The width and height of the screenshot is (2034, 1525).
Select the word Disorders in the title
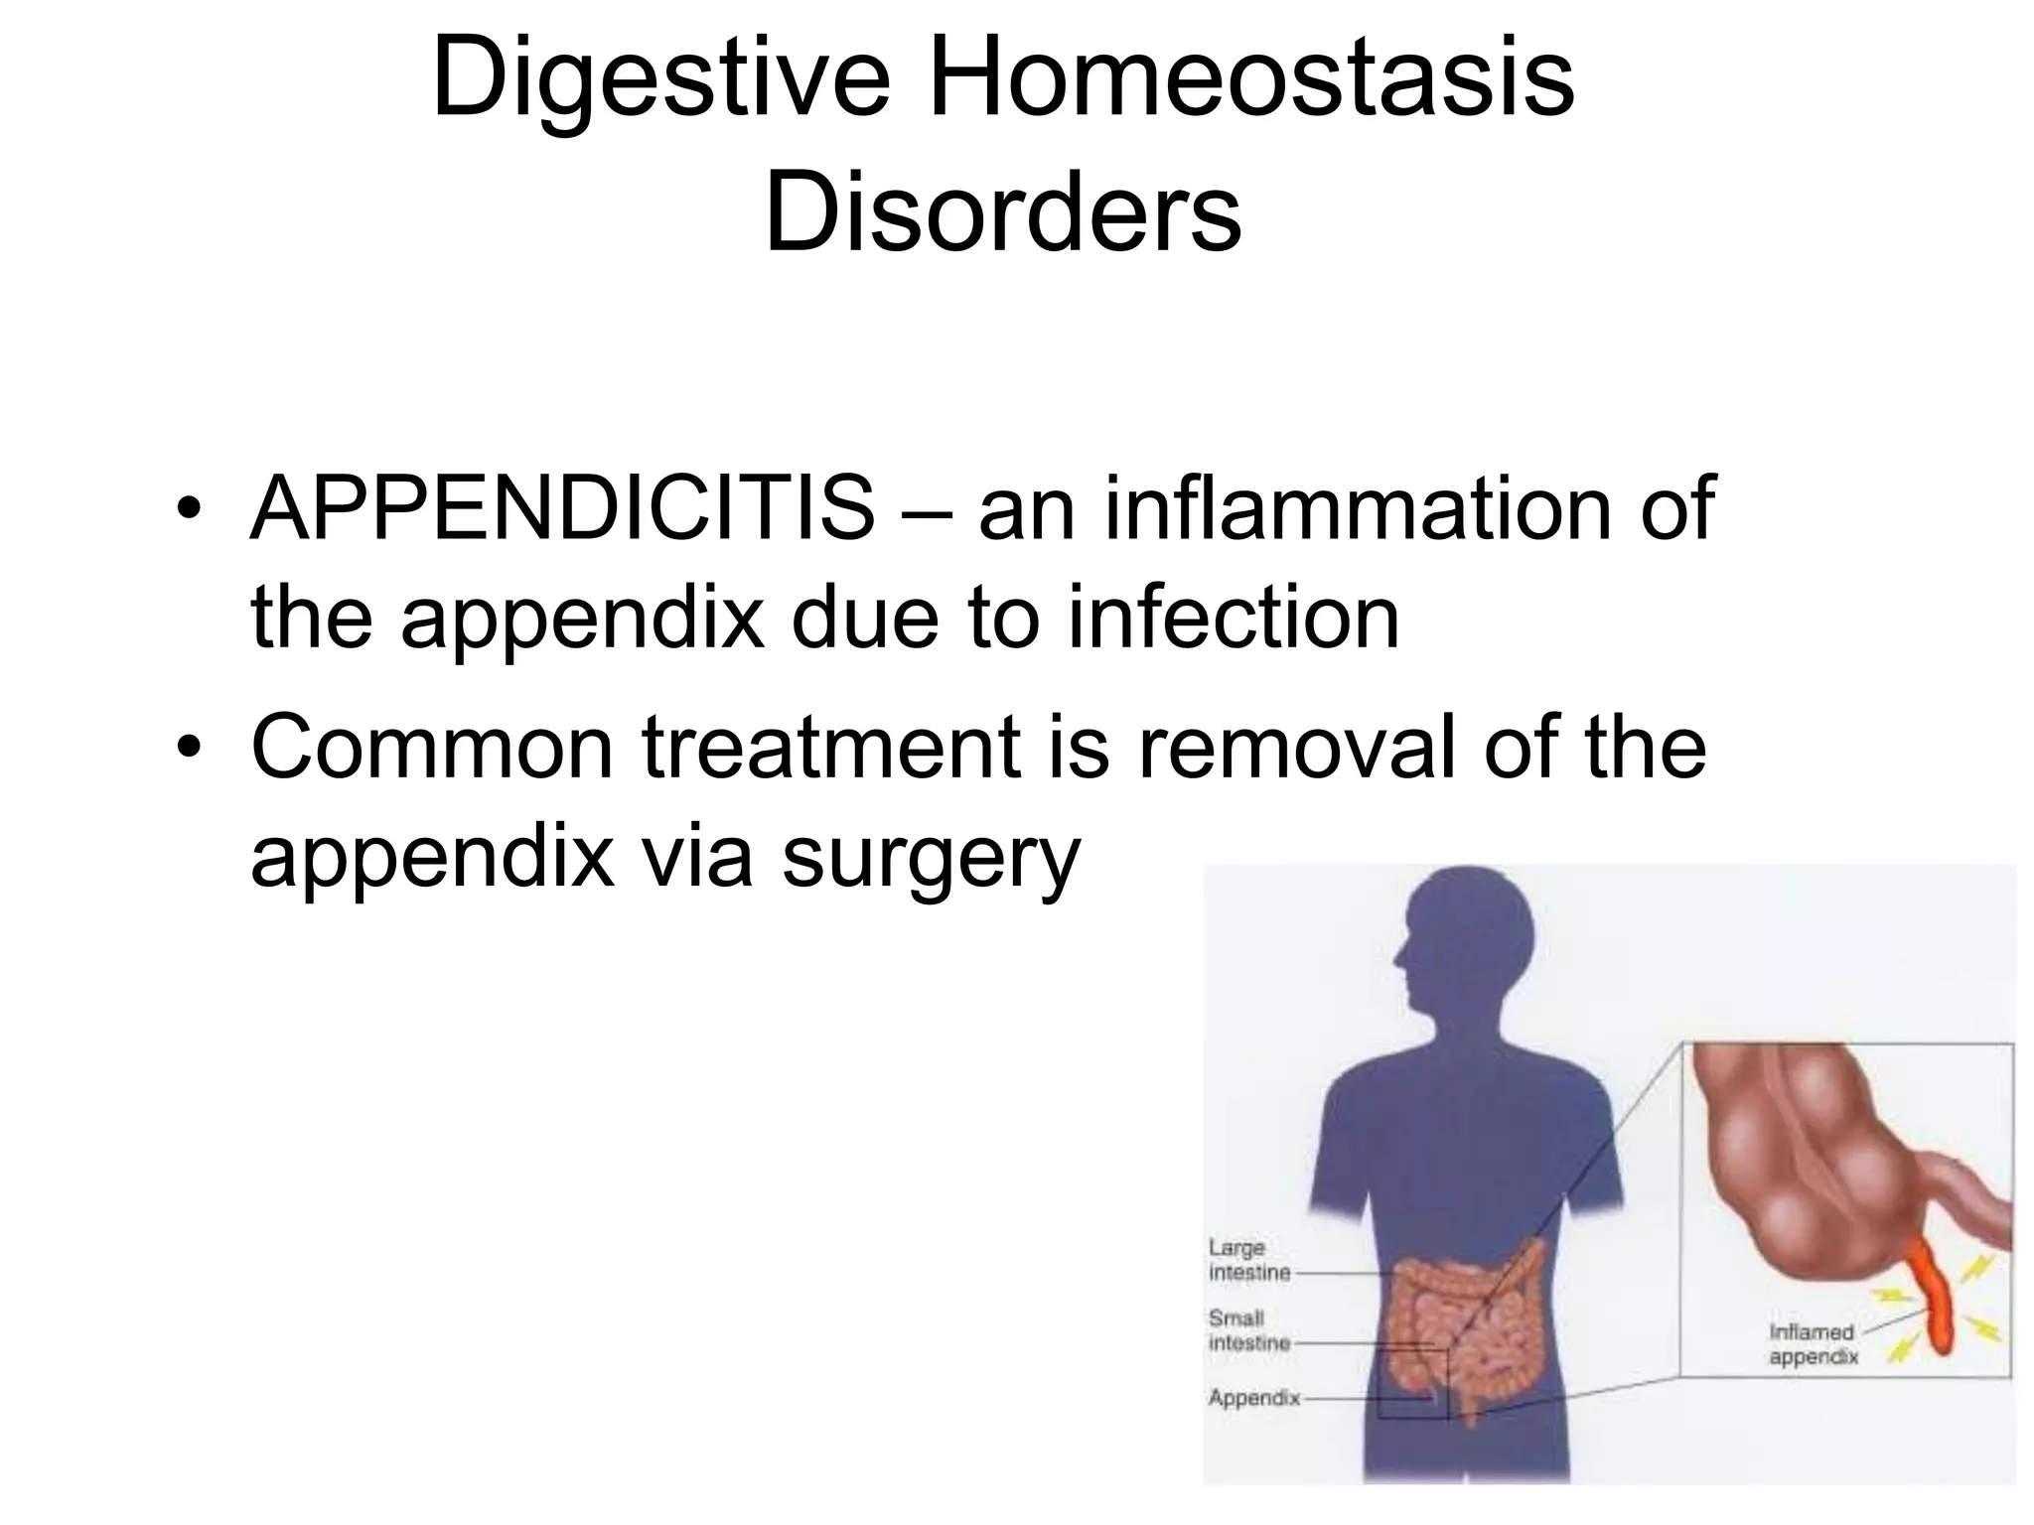coord(1003,211)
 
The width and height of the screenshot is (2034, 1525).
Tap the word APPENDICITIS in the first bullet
coord(562,509)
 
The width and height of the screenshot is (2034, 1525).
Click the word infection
coord(1234,618)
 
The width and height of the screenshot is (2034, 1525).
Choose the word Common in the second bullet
coord(431,747)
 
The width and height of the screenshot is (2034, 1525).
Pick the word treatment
coord(832,747)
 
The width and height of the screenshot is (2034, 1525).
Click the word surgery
coord(930,856)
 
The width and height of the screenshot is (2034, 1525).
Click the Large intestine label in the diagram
coord(1247,1260)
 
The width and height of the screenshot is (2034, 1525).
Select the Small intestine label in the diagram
coord(1247,1330)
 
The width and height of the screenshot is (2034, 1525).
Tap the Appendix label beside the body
coord(1253,1398)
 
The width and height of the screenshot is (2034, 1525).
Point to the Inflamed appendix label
coord(1813,1344)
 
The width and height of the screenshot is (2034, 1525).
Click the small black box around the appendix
coord(1413,1381)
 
